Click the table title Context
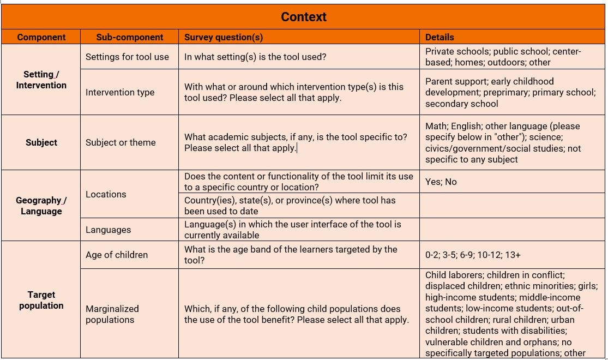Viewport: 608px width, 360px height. [x=304, y=17]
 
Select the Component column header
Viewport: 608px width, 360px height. [x=41, y=37]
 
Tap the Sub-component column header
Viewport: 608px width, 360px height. [x=130, y=37]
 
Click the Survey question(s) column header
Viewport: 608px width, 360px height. [x=224, y=37]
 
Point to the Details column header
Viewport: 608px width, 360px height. [x=440, y=37]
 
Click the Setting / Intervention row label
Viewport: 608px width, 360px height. [x=41, y=80]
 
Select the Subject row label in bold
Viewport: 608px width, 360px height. [x=41, y=142]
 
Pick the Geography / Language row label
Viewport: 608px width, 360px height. [x=41, y=206]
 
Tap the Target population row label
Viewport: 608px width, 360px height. [x=41, y=300]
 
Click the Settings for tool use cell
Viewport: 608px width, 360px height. [x=127, y=57]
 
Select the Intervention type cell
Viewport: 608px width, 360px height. [x=120, y=92]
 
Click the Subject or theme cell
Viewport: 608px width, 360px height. [x=121, y=142]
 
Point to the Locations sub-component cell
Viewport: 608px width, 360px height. [x=106, y=194]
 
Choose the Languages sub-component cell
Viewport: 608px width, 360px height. [x=108, y=230]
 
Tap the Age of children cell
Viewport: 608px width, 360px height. [x=117, y=255]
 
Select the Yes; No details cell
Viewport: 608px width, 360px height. [x=441, y=182]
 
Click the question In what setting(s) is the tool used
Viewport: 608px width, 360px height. [x=255, y=57]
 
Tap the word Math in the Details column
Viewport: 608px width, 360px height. [x=435, y=126]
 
